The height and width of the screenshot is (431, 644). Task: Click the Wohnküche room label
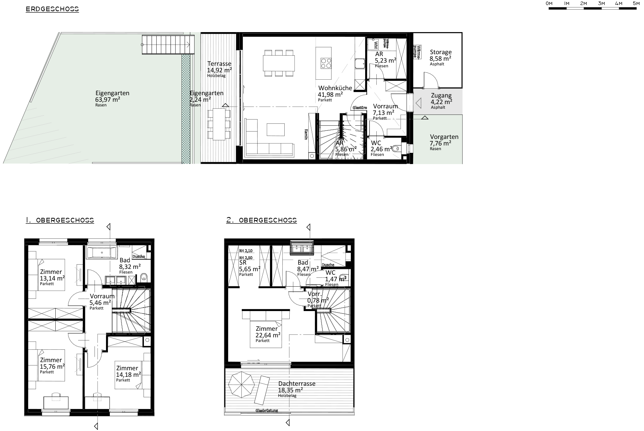tap(335, 88)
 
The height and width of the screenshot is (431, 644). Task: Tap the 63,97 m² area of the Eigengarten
tap(108, 99)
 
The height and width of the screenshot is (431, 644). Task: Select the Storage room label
tap(441, 52)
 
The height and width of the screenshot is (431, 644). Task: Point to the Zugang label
tap(441, 96)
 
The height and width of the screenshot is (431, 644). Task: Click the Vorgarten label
tap(444, 137)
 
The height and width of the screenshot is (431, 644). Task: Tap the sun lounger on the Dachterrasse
tap(263, 389)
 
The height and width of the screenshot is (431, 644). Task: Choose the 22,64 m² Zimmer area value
tap(268, 335)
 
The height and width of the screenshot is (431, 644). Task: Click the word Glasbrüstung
tap(266, 410)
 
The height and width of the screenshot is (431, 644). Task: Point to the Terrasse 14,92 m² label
tap(219, 64)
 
